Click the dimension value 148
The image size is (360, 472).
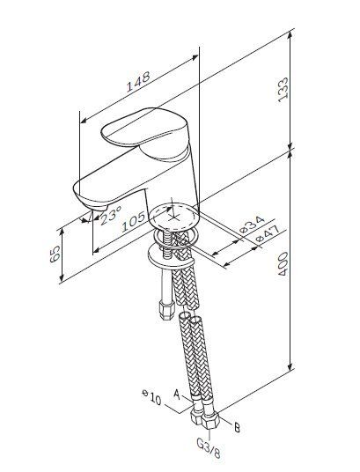138,82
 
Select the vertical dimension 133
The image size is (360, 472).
283,90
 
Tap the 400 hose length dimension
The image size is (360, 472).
283,263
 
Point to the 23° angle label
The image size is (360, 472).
111,215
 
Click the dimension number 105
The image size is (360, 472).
135,222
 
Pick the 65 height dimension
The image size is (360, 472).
55,254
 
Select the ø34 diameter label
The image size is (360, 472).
253,225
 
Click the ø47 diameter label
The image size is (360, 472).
268,234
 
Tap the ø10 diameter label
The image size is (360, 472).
152,397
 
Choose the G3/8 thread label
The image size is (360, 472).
209,448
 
